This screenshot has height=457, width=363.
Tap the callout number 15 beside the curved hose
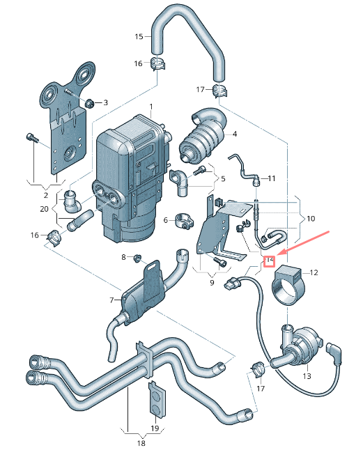(x=138, y=36)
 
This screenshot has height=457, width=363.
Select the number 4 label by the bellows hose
(x=235, y=134)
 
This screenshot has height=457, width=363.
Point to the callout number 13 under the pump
(x=307, y=376)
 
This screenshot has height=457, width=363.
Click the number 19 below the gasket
(x=155, y=428)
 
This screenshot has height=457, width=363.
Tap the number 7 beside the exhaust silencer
(x=111, y=300)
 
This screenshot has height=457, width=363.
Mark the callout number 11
(x=272, y=178)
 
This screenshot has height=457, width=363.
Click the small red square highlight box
(x=270, y=261)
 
